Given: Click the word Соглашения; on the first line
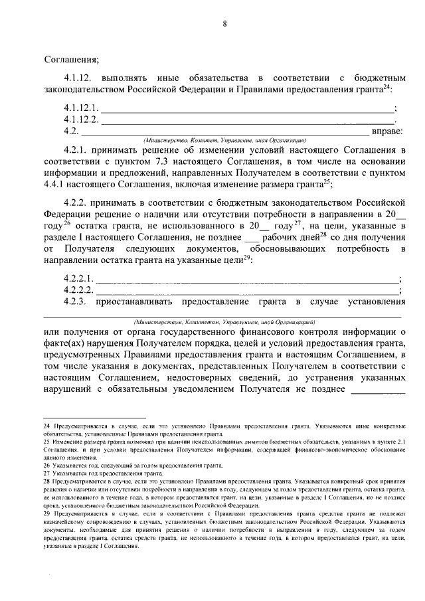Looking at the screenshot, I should tap(71, 58).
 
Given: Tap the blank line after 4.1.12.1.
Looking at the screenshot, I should tap(246, 108).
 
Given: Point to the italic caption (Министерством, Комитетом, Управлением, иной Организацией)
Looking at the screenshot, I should tap(224, 320).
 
